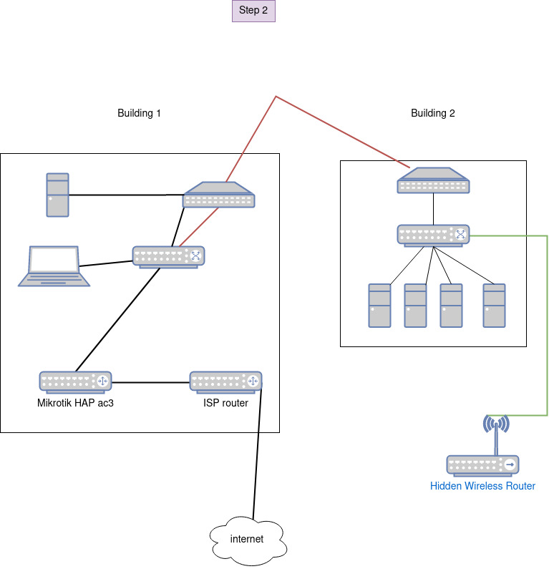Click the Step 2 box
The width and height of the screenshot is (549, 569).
pyautogui.click(x=253, y=11)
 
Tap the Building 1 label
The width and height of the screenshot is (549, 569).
pyautogui.click(x=139, y=113)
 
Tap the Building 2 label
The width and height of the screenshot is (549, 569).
pyautogui.click(x=432, y=113)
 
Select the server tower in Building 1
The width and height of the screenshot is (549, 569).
pyautogui.click(x=58, y=195)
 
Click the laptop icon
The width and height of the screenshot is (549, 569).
pyautogui.click(x=54, y=266)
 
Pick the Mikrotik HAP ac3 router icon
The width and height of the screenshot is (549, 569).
pyautogui.click(x=75, y=381)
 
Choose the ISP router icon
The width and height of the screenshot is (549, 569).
pyautogui.click(x=225, y=381)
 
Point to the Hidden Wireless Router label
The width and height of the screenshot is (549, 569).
pyautogui.click(x=482, y=486)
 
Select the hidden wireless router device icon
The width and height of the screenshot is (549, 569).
pyautogui.click(x=483, y=465)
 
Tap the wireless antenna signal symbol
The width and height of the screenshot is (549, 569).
pyautogui.click(x=496, y=424)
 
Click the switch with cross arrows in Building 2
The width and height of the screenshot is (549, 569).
pyautogui.click(x=433, y=235)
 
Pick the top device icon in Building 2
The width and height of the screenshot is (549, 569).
pyautogui.click(x=433, y=180)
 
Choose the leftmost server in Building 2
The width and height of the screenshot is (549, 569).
pyautogui.click(x=379, y=306)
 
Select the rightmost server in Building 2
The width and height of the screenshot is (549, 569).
pyautogui.click(x=494, y=306)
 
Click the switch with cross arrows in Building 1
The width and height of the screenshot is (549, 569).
pyautogui.click(x=168, y=256)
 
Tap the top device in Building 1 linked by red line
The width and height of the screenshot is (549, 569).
pyautogui.click(x=218, y=195)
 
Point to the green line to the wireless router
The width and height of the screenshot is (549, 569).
pyautogui.click(x=548, y=322)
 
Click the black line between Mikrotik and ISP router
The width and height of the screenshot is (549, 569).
pyautogui.click(x=150, y=381)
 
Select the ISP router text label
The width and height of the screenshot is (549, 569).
pyautogui.click(x=225, y=403)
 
